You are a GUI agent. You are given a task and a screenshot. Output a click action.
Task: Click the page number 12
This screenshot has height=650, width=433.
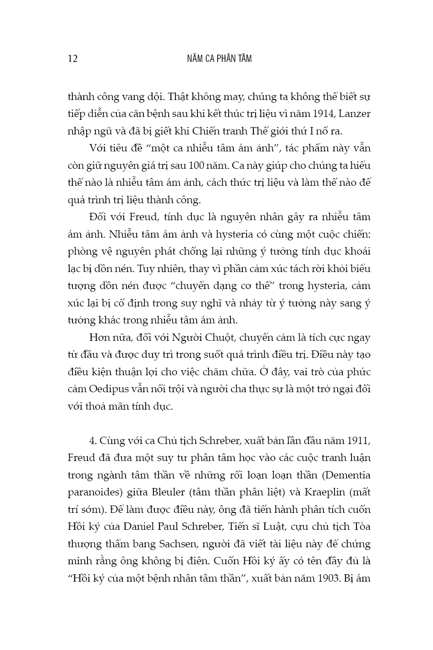click(72, 59)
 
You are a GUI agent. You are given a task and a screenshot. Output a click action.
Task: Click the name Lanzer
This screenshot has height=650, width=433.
click(354, 114)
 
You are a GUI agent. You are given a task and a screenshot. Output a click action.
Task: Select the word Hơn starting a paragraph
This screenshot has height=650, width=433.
click(99, 338)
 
